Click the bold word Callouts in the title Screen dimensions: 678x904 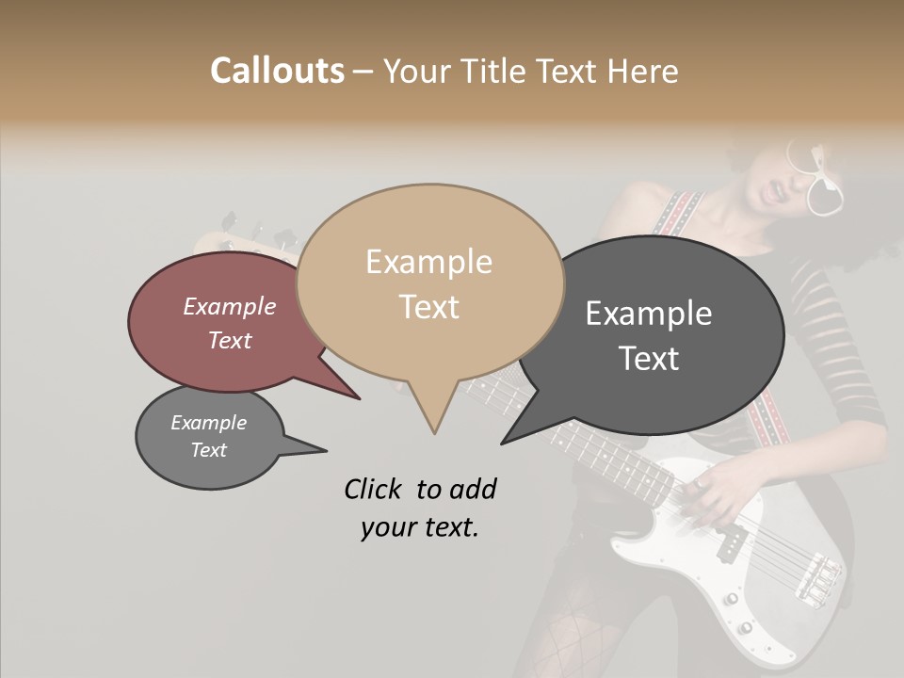click(277, 71)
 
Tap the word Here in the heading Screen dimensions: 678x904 click(639, 72)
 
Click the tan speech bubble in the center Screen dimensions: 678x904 click(429, 282)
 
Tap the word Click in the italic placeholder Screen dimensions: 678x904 click(375, 489)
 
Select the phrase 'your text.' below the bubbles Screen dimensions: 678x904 click(419, 527)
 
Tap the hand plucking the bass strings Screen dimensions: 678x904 click(716, 490)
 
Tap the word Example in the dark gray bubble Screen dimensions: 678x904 click(649, 314)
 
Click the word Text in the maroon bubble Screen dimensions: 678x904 click(230, 340)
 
